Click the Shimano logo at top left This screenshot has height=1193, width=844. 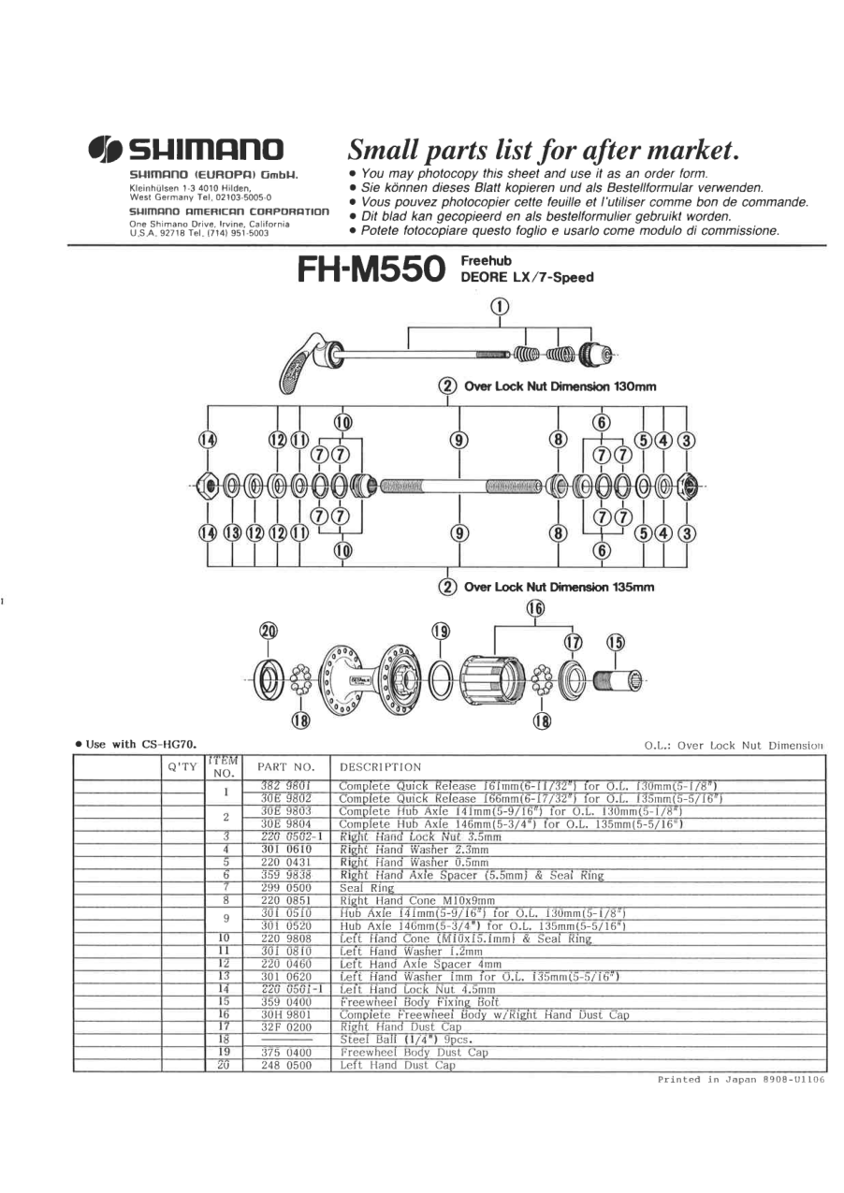[x=186, y=149]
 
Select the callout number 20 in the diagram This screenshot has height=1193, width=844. [x=269, y=631]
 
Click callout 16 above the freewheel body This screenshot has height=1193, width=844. [x=536, y=608]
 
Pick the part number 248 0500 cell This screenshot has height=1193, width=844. [x=284, y=1064]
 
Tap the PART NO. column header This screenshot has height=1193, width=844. [x=284, y=766]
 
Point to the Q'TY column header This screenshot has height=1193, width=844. [x=181, y=766]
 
